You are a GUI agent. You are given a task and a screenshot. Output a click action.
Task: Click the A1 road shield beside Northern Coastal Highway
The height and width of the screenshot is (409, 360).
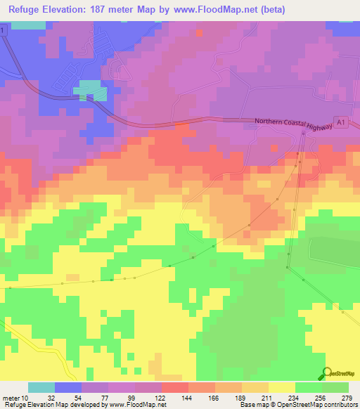point(340,122)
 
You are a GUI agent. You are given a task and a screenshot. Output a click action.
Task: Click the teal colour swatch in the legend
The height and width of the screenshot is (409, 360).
point(41,387)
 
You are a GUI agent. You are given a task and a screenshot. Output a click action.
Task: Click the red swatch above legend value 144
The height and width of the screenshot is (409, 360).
point(175,387)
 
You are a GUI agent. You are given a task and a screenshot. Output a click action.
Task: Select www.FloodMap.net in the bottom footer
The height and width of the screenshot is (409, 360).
point(136,405)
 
